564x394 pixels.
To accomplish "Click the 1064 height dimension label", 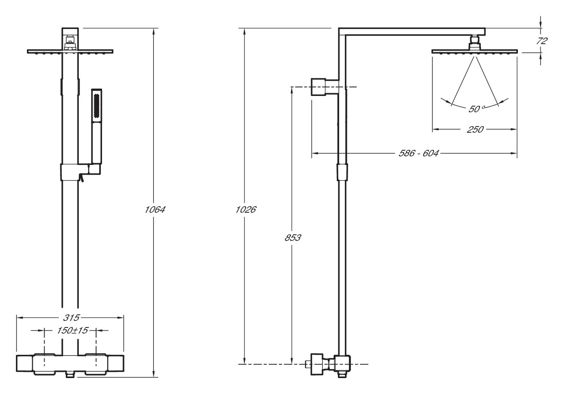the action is [x=155, y=209].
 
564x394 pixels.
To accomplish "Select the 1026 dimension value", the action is [x=246, y=209].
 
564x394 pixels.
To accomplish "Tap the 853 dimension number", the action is [x=293, y=238].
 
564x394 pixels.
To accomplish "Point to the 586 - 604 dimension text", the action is [x=419, y=153].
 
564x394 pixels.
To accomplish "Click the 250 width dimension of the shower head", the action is [x=475, y=129].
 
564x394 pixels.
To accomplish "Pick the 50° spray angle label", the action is [x=476, y=109].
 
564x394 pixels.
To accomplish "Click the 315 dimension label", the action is [x=71, y=318].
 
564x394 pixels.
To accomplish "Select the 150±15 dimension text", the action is [x=73, y=330].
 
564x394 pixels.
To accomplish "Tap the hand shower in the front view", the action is [x=97, y=127].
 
